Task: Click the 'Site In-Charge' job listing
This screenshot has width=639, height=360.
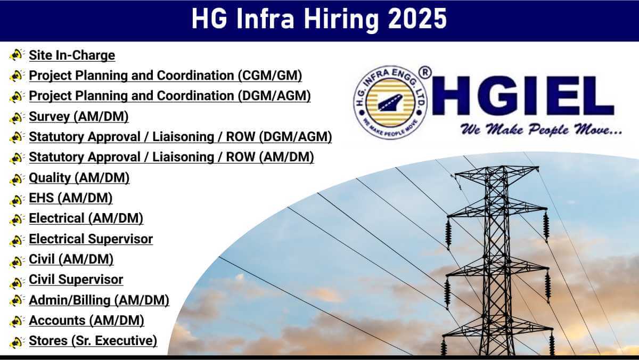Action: (72, 55)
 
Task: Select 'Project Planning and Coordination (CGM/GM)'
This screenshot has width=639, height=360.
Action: (166, 76)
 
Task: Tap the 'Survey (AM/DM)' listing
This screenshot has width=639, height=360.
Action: (79, 117)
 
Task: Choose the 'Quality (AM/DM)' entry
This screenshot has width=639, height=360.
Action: (79, 178)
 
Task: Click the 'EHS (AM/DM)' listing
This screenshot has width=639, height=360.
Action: (71, 198)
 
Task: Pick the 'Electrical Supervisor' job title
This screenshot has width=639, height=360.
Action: (91, 239)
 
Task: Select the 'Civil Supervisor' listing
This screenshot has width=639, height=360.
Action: (76, 280)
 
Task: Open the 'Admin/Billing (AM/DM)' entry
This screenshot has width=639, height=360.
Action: (99, 300)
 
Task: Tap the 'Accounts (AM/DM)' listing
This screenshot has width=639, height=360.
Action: (86, 321)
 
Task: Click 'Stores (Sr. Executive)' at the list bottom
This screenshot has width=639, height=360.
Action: (93, 341)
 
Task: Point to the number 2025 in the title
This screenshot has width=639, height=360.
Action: (417, 19)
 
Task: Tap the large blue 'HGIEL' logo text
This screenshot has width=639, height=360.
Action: (522, 96)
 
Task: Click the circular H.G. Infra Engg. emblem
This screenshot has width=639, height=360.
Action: (390, 102)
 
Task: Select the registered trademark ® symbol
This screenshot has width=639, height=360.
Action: (425, 73)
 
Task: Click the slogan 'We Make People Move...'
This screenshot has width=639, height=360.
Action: (541, 129)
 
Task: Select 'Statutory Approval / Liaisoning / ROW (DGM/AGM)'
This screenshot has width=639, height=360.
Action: (181, 137)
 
